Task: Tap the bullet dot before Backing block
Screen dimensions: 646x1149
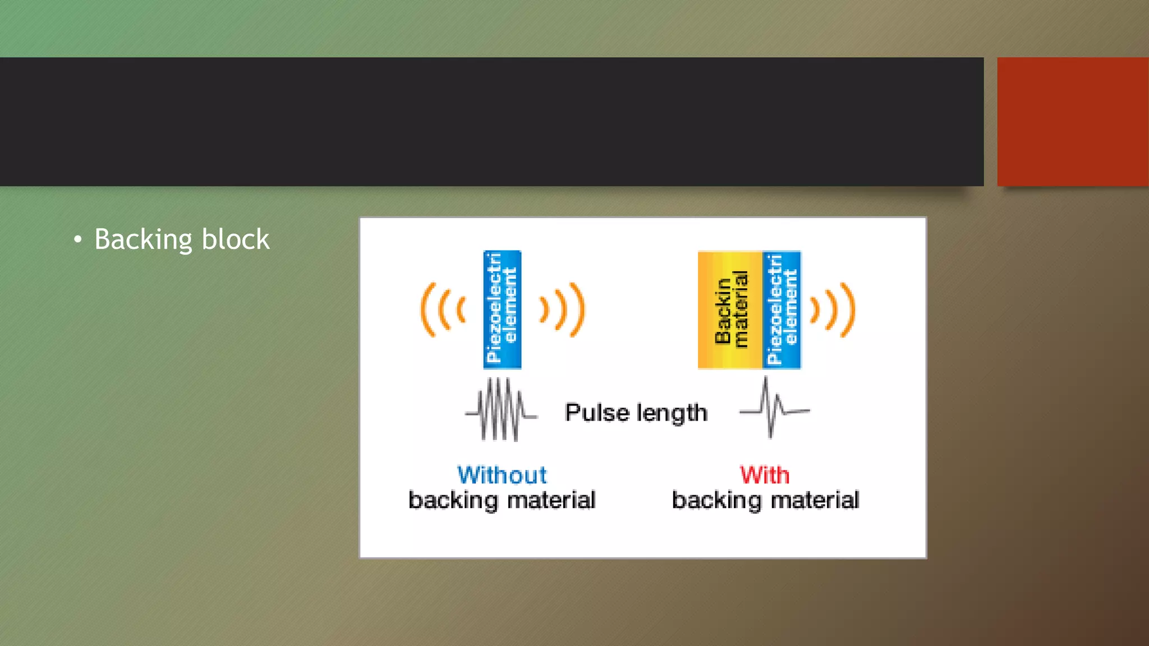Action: point(77,240)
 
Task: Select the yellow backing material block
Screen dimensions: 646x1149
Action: point(730,310)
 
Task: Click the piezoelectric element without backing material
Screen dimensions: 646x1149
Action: point(502,310)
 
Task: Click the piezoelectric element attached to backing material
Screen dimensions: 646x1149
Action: point(782,310)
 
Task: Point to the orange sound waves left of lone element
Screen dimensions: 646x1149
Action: point(443,310)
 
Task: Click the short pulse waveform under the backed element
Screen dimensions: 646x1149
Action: point(774,408)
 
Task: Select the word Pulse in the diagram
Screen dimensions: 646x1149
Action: point(597,412)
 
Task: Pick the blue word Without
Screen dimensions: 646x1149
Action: point(502,475)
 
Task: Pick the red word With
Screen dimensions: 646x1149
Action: point(765,475)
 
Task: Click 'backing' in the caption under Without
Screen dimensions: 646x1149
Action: point(453,500)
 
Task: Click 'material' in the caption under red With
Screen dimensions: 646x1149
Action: point(815,500)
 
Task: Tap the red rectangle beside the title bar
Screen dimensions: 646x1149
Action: point(1073,121)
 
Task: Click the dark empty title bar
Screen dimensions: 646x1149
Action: point(491,121)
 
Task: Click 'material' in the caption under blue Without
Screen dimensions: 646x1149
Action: point(551,500)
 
